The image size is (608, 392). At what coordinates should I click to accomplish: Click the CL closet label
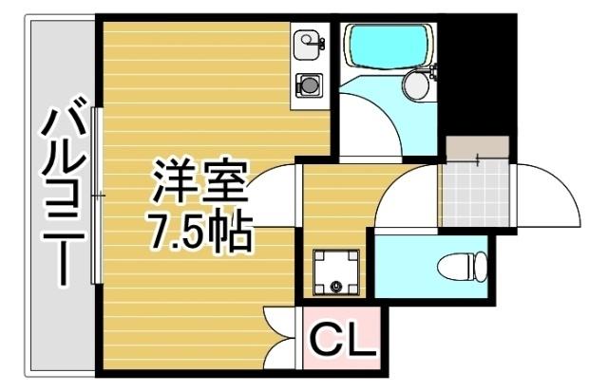click(x=340, y=338)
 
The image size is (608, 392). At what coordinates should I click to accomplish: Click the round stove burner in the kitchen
click(x=308, y=84)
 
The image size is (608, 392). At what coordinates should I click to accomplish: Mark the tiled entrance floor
click(x=475, y=194)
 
